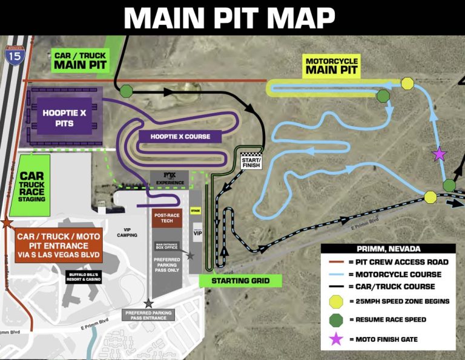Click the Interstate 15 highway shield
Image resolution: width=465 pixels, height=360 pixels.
pyautogui.click(x=13, y=56)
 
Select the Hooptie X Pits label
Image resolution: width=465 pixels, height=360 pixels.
pyautogui.click(x=58, y=118)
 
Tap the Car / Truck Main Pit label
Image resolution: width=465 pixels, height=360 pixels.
pyautogui.click(x=80, y=60)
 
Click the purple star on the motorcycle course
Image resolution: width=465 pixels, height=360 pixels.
pyautogui.click(x=440, y=155)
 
